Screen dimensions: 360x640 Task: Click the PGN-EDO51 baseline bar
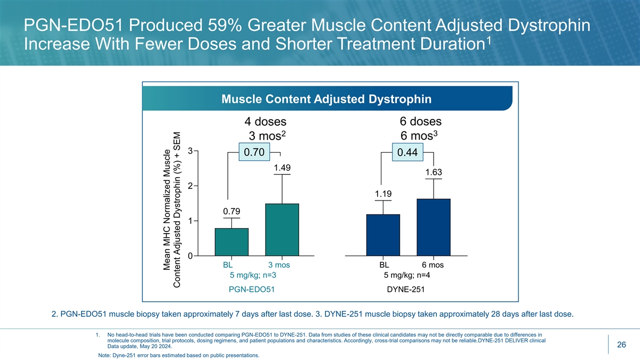(231, 242)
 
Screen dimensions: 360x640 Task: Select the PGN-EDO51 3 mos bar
(282, 230)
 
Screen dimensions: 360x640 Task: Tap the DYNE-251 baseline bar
(383, 235)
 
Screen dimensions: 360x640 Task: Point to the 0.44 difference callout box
(408, 153)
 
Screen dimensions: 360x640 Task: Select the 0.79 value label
(231, 212)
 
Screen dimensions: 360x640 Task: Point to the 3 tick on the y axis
(190, 151)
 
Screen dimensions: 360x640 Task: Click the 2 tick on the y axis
(190, 186)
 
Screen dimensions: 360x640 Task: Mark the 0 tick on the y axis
(190, 256)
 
